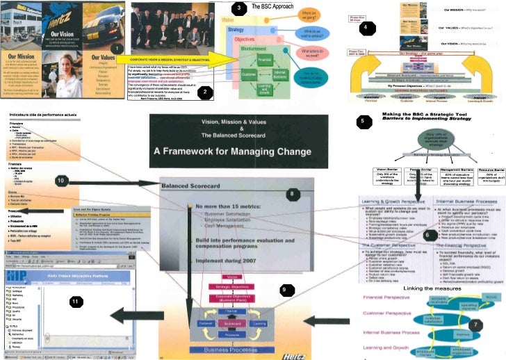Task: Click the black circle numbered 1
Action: click(x=118, y=48)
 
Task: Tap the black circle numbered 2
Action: click(x=204, y=91)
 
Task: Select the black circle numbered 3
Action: click(x=239, y=8)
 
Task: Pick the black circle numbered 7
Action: click(x=475, y=325)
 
